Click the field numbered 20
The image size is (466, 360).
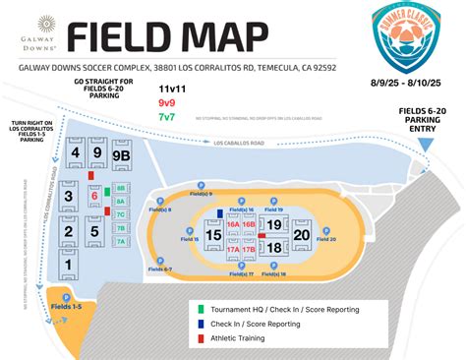[301, 235]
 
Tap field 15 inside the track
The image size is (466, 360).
[211, 236]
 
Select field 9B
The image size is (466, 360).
[121, 154]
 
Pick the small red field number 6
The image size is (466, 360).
[95, 195]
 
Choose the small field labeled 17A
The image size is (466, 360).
[234, 250]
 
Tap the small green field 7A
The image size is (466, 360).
[121, 241]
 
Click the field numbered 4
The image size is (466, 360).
[75, 153]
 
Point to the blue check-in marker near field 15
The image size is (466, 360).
[220, 211]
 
